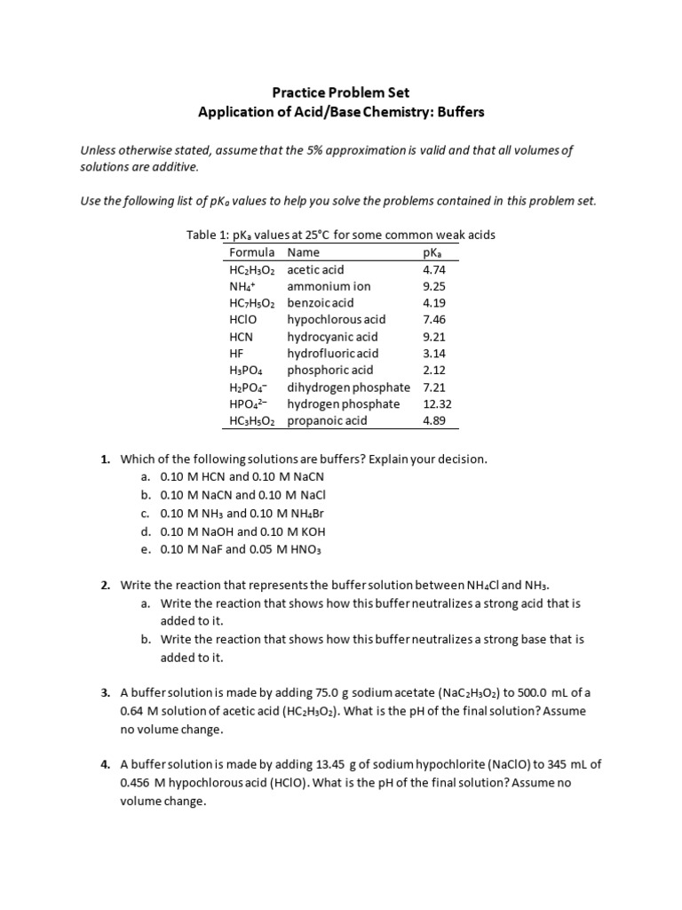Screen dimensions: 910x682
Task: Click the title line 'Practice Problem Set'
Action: coord(341,92)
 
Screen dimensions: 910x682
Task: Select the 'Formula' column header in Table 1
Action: coord(252,252)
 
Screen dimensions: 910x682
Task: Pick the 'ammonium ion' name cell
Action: coord(329,286)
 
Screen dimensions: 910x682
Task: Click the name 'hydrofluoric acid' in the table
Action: coord(332,354)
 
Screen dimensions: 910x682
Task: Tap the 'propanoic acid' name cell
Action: coord(327,420)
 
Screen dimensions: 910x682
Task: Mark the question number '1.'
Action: coord(105,459)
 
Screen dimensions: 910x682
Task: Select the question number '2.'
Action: coord(105,586)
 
